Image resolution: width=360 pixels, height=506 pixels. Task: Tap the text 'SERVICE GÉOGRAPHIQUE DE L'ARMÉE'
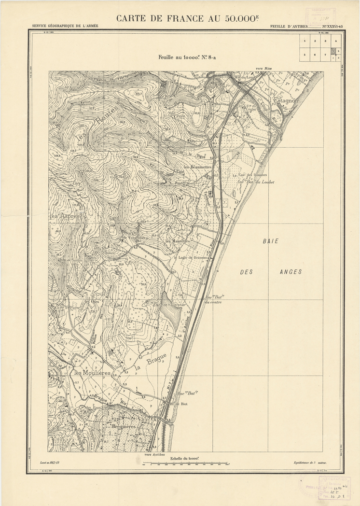65,26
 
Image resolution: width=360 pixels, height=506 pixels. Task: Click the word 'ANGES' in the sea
291,272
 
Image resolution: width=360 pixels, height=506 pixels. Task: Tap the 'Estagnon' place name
286,100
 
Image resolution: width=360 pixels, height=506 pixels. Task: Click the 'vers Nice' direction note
264,69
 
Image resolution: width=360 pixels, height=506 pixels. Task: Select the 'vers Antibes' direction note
155,454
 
